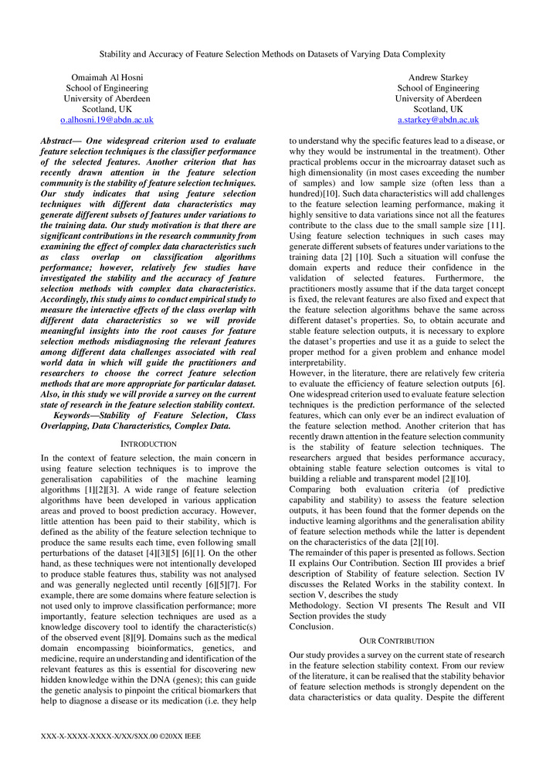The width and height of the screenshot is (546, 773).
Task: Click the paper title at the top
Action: (273, 54)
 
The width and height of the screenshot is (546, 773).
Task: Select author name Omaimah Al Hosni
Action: (107, 77)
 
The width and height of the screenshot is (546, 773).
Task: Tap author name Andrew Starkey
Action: (439, 77)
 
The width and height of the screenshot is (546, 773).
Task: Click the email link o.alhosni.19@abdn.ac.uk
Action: (107, 121)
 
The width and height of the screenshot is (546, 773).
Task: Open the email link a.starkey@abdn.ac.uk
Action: (439, 121)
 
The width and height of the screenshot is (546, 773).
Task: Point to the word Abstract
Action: (60, 142)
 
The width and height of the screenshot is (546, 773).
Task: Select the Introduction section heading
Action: (148, 444)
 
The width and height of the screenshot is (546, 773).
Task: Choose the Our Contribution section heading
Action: (397, 641)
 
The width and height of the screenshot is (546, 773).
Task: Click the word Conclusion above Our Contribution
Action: (310, 626)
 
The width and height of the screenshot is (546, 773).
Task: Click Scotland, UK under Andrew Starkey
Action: (439, 110)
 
